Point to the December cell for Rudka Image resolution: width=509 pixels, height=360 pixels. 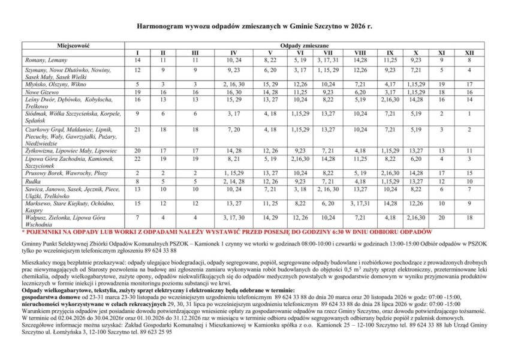click(x=469, y=180)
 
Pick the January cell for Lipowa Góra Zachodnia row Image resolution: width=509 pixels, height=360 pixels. click(x=137, y=159)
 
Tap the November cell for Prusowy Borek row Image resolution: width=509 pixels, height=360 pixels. click(x=441, y=172)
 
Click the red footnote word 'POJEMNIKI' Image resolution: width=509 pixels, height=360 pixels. click(x=43, y=231)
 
